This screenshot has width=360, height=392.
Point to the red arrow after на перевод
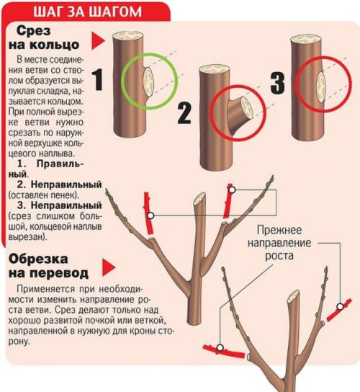pos(108,271)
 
